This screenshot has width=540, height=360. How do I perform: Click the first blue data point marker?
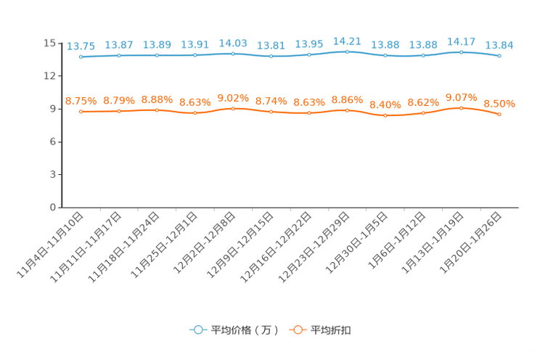point(81,57)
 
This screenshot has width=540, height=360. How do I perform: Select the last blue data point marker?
point(499,56)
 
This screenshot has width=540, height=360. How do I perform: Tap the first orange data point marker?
point(81,112)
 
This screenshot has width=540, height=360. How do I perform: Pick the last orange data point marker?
point(499,115)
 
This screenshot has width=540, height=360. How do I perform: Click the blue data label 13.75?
point(81,46)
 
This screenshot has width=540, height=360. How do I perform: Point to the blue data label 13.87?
point(119,45)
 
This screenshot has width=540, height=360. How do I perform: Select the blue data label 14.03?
point(233,43)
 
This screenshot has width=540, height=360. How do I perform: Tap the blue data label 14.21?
point(347,41)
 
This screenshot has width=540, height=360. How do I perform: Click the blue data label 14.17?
point(462,41)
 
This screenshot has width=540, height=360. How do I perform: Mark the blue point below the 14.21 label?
point(348,52)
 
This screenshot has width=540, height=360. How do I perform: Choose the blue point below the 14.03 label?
point(233,54)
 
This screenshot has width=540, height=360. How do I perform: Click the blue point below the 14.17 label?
point(462,52)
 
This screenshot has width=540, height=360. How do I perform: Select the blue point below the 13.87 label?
point(119,55)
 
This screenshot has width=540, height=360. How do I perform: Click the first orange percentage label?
point(81,101)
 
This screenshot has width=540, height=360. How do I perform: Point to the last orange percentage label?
point(499,104)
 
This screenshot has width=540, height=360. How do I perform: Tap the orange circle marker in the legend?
point(298,330)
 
